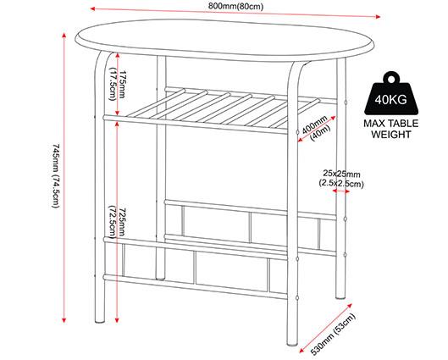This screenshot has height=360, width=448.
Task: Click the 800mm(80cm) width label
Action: click(235, 6)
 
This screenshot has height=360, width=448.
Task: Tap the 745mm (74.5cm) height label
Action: click(56, 175)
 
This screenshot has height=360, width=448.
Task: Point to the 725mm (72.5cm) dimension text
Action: click(117, 221)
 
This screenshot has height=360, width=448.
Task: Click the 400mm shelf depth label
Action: click(316, 128)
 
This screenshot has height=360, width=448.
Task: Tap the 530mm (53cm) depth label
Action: click(333, 335)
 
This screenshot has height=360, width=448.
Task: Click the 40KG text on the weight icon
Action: click(391, 99)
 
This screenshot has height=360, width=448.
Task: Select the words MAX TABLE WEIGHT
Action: click(391, 129)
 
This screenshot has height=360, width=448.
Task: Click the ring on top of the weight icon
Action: click(391, 77)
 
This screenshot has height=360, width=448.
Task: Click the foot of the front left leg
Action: click(100, 321)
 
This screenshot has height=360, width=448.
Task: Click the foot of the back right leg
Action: click(340, 296)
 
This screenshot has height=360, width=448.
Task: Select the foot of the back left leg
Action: click(161, 278)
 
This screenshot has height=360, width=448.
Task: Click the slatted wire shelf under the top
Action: click(220, 110)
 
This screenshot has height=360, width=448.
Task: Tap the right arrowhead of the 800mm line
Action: click(378, 17)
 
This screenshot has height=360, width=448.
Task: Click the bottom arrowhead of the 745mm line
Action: click(64, 320)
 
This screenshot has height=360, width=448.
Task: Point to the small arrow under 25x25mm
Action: click(341, 191)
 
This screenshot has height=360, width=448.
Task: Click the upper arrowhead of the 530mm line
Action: click(349, 306)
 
